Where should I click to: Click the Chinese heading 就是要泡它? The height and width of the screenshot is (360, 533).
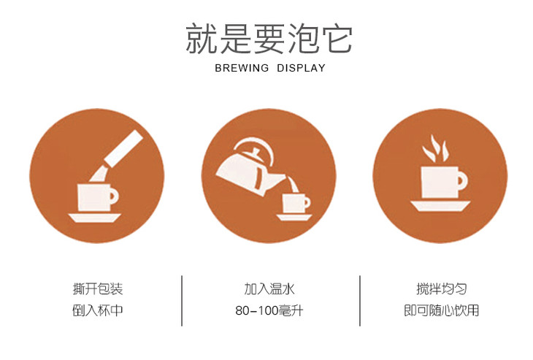269,39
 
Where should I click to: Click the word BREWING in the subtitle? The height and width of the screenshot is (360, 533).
242,68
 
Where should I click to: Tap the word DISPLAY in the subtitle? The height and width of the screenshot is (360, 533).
301,68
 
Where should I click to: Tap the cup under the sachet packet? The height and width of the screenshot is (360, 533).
97,197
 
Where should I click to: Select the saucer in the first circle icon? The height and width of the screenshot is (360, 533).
95,218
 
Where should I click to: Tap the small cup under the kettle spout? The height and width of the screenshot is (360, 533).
296,203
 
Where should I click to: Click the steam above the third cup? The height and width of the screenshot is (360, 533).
435,148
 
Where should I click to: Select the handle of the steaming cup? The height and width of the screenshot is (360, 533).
462,180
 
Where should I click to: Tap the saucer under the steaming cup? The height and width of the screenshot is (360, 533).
440,206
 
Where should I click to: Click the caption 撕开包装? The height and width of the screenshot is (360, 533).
98,289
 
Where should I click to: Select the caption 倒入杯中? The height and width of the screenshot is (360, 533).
98,310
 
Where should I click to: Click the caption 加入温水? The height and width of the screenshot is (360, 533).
269,289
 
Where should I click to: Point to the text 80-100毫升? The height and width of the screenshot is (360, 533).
269,310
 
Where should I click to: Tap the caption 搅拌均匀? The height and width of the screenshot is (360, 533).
442,289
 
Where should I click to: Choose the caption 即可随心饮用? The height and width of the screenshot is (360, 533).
441,310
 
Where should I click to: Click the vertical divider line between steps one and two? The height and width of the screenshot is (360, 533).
182,301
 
